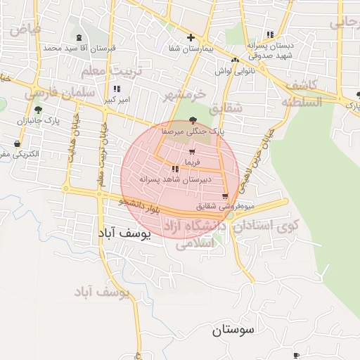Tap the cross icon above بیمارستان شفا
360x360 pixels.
coord(190,37)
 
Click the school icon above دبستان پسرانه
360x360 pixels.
coord(270,34)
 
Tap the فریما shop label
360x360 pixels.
coord(192,162)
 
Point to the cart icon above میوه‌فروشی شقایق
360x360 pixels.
coord(225,196)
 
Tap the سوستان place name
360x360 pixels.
coord(233,329)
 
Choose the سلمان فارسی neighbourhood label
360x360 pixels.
coord(52,92)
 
